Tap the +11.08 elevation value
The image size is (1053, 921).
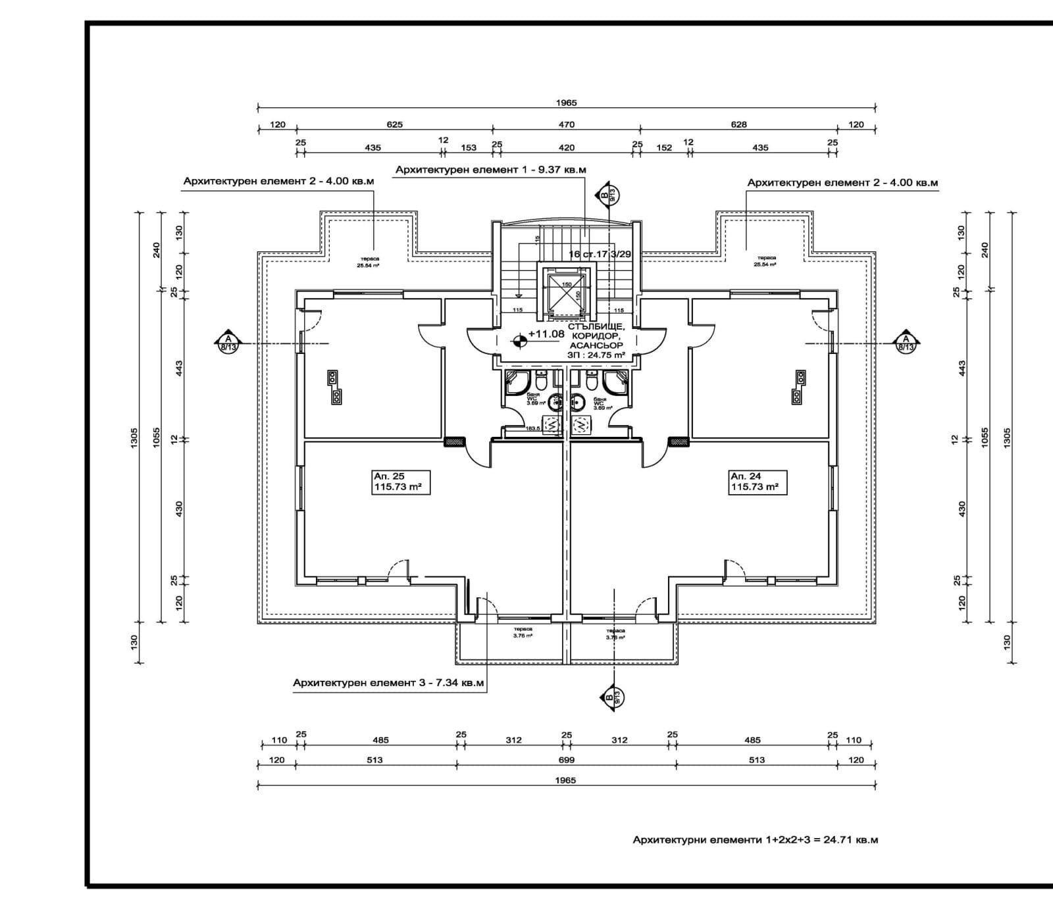(x=546, y=334)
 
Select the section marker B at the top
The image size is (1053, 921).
(x=606, y=194)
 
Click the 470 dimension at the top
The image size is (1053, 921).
(x=567, y=124)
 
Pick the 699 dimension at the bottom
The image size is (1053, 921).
(x=567, y=760)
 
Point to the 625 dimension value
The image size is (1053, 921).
(x=394, y=124)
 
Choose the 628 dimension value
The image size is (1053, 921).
(x=738, y=124)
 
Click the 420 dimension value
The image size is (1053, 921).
(x=567, y=147)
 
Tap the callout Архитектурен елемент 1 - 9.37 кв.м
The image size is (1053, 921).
(x=490, y=170)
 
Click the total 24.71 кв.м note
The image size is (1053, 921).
(x=756, y=840)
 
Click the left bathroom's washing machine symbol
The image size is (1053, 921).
(x=551, y=425)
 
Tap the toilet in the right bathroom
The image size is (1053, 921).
(x=590, y=382)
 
